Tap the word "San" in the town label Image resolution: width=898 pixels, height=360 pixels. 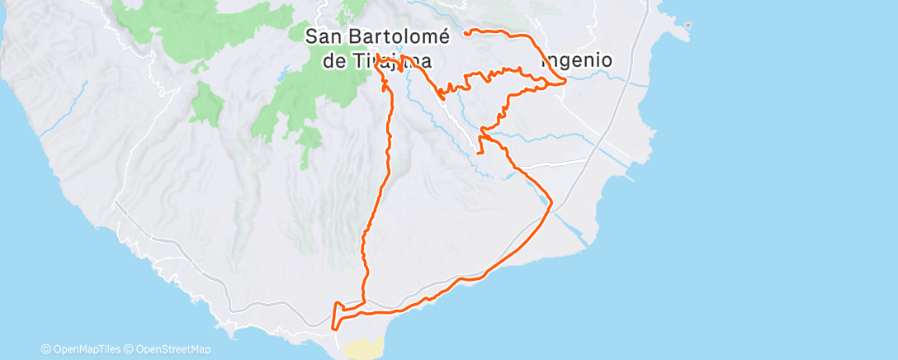click(324, 36)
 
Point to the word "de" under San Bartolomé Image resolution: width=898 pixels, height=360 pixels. click(335, 61)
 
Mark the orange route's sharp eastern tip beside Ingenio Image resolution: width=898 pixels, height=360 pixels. click(565, 82)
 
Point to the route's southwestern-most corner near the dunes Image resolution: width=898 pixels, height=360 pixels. click(333, 328)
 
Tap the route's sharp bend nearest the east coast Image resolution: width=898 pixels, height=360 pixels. click(551, 204)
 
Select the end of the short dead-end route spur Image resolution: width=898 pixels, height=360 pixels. click(480, 153)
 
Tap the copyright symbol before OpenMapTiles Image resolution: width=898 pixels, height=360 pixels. click(46, 350)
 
